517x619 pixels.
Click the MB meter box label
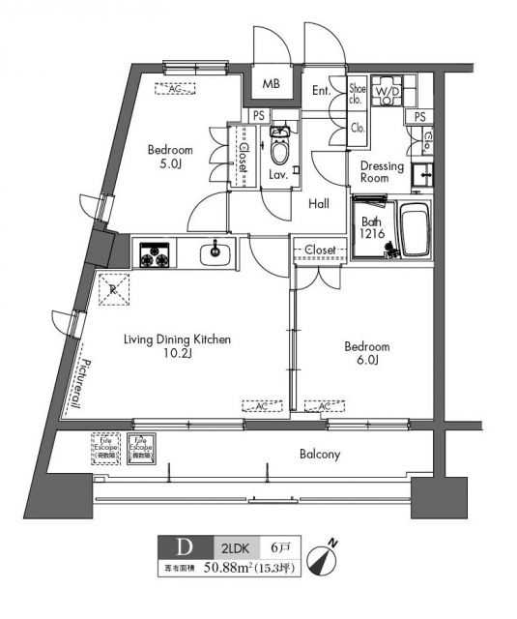(x=271, y=84)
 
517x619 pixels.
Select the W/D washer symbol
(x=387, y=92)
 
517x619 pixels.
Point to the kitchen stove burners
(x=154, y=256)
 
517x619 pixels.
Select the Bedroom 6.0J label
(x=367, y=354)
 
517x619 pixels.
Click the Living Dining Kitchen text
(x=176, y=347)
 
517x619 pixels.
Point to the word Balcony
(x=318, y=454)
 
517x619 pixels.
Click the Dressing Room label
(x=381, y=171)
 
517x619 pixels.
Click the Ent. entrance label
(x=322, y=92)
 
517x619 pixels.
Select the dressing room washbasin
(x=420, y=176)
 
